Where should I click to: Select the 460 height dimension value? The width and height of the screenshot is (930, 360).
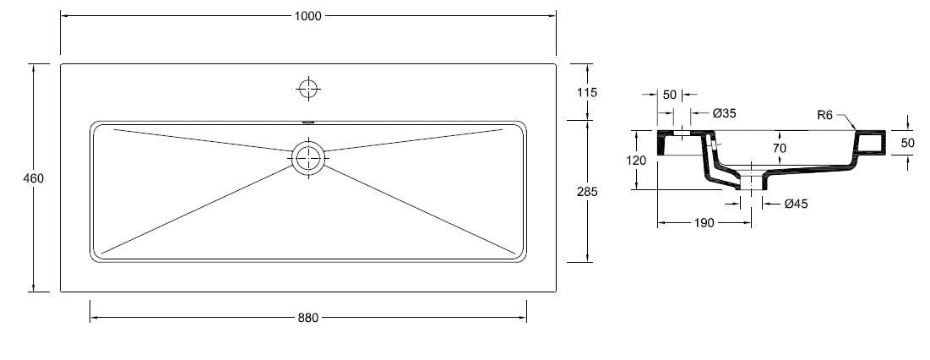click(x=34, y=178)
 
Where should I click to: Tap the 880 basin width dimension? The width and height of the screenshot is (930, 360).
click(x=308, y=318)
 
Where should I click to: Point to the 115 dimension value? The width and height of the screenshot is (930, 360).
click(x=586, y=92)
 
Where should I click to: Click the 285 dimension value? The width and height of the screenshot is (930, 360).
click(x=586, y=192)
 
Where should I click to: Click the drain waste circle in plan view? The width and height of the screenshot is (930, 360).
click(x=309, y=157)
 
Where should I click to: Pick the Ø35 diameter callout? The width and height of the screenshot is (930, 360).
click(x=724, y=112)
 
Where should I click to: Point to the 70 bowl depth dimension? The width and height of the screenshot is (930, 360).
click(x=779, y=148)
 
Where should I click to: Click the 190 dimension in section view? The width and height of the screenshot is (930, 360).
click(x=704, y=223)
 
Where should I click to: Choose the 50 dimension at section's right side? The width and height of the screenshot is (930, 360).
click(x=907, y=143)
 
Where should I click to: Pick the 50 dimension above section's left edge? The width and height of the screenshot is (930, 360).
click(x=669, y=95)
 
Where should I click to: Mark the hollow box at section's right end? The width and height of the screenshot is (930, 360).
click(x=871, y=144)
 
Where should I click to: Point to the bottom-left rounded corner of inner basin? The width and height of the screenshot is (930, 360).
click(x=94, y=254)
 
